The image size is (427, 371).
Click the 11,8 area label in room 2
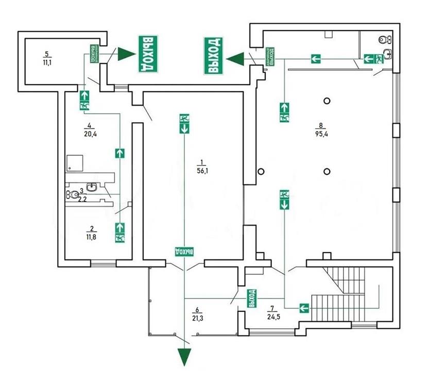[x=91, y=237]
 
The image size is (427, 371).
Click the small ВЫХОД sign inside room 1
[x=184, y=251]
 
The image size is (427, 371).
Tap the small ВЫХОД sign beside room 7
[x=252, y=298]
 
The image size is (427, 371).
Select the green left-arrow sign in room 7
[x=303, y=308]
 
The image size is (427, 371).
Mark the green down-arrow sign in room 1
[x=184, y=128]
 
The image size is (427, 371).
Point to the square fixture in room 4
[x=76, y=164]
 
